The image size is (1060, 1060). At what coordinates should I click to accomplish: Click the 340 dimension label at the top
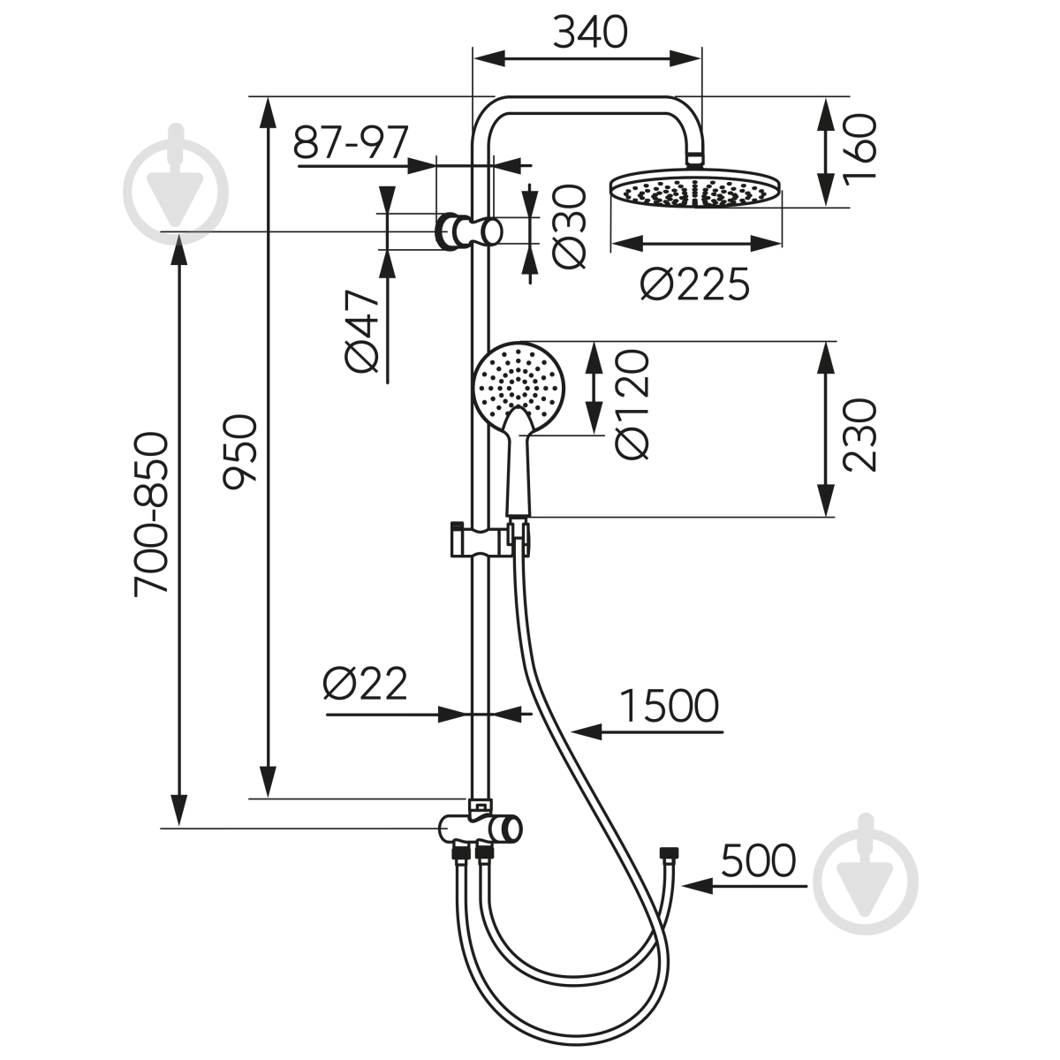point(590,33)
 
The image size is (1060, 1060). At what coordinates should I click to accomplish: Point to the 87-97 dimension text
point(351,142)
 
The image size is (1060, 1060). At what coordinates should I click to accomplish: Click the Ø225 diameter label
point(695,284)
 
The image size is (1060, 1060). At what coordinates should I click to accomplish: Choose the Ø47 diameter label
point(362,330)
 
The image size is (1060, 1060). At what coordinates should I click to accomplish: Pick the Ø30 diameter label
point(568,227)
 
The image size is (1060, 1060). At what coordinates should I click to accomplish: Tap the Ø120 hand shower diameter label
point(632,405)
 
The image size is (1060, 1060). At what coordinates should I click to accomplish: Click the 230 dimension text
point(859,435)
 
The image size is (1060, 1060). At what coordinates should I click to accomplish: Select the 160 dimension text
point(859,147)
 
